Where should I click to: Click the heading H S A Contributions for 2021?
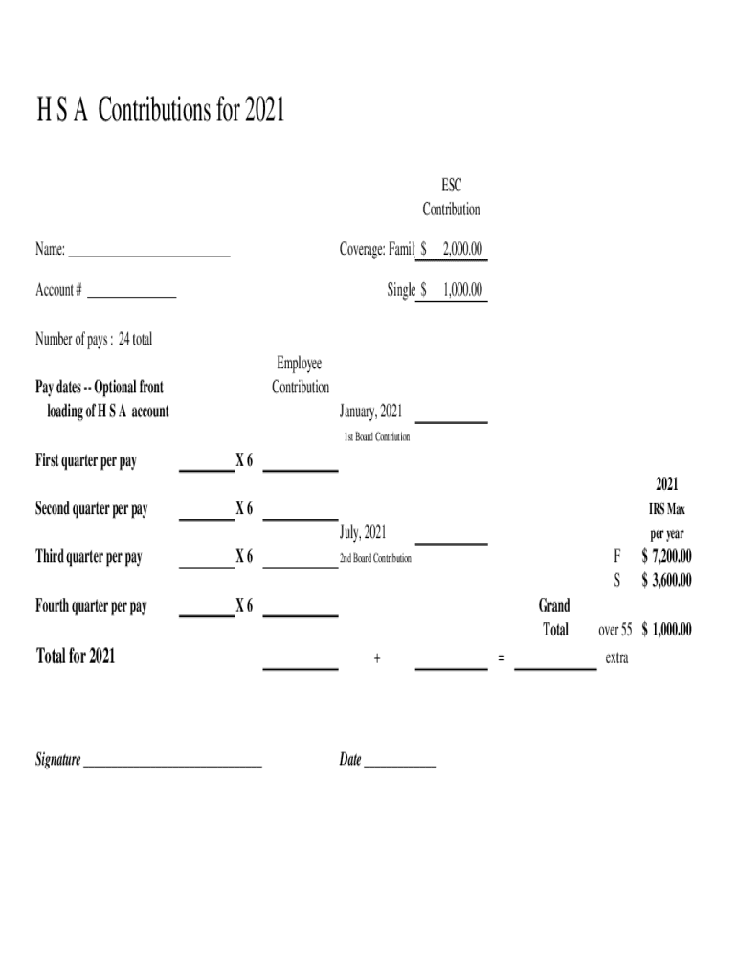[x=161, y=112]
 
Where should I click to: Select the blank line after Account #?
[x=132, y=295]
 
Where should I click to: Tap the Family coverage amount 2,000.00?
[x=462, y=250]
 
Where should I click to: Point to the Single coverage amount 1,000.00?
[x=462, y=290]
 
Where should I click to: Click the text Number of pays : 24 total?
[x=94, y=339]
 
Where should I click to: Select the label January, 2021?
[x=370, y=412]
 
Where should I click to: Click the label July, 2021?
[x=363, y=532]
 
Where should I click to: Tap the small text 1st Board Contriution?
[x=377, y=437]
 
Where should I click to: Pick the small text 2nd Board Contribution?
[x=375, y=558]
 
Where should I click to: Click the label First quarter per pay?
[x=86, y=461]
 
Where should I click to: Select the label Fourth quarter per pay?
[x=91, y=606]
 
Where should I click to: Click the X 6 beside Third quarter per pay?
[x=244, y=557]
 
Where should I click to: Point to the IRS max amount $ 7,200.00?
[x=666, y=557]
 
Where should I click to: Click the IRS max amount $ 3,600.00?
[x=666, y=581]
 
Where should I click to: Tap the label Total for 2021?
[x=76, y=657]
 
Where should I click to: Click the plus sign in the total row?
[x=378, y=658]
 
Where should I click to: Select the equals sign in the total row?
[x=501, y=658]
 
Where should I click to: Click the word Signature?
[x=58, y=760]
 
